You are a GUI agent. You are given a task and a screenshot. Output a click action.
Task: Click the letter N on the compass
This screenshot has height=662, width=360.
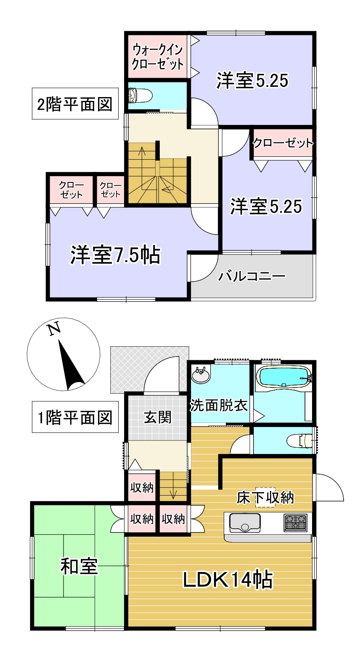tap(53, 329)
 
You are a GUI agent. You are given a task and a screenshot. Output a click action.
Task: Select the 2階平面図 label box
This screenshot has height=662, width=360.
tap(75, 104)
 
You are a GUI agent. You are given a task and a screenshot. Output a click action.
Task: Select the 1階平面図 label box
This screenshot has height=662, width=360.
tap(75, 417)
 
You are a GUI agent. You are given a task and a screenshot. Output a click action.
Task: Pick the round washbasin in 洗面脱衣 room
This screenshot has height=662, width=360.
tap(201, 375)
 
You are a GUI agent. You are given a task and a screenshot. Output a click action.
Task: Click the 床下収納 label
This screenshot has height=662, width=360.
tap(265, 498)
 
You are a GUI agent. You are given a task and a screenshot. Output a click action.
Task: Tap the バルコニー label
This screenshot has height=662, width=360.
tap(252, 276)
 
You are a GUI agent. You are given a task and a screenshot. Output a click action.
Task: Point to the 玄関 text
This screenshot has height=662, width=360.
tap(157, 417)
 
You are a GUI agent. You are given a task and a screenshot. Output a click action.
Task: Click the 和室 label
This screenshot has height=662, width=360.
tap(79, 566)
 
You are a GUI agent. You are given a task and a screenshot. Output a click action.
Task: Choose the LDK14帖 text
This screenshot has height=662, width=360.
tap(228, 580)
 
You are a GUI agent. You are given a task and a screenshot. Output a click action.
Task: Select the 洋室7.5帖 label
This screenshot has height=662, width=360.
tap(115, 255)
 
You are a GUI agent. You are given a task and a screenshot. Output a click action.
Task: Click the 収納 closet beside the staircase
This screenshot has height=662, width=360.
tap(142, 488)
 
